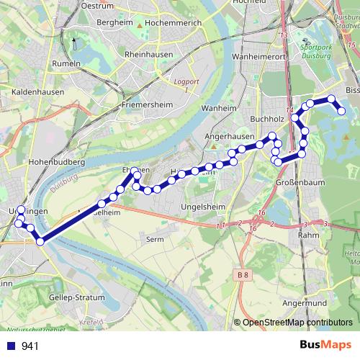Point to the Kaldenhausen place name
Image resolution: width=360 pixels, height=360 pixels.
(38, 92)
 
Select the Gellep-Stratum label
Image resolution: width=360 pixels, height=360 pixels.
(76, 297)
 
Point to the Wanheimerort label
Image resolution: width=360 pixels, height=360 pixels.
(260, 55)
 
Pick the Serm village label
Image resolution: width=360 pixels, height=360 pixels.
(155, 238)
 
